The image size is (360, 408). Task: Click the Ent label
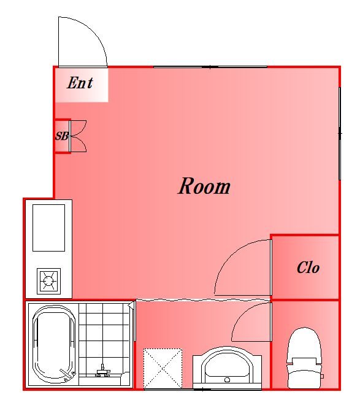pos(80,83)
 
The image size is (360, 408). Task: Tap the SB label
pos(62,136)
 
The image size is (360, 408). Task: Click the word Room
pos(204,186)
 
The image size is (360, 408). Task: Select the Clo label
pos(308,268)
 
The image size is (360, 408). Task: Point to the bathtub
pos(54,344)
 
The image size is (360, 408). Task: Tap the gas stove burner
pos(48,281)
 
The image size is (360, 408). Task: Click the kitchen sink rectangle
pos(48,228)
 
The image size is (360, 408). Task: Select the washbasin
pos(227,368)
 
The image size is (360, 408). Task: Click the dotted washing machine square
pos(163,369)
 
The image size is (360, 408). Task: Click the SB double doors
pos(78,136)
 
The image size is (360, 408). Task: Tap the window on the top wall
pos(210,67)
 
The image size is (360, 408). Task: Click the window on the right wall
pos(340,133)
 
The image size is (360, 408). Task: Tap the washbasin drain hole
pos(227,380)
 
